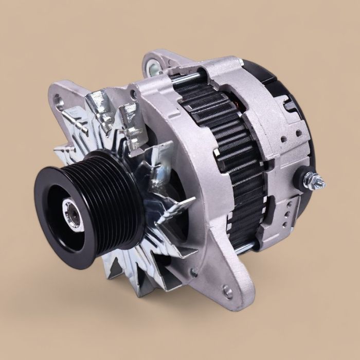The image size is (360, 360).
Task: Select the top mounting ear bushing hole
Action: tap(153, 66)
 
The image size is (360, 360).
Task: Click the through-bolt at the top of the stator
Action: tap(188, 78)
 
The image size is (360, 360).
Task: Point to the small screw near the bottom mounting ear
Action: tap(194, 272)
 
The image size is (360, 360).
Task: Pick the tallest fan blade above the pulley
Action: tap(100, 111)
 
